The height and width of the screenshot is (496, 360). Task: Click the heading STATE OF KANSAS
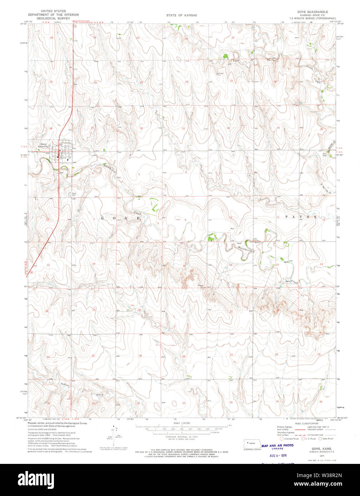tap(181, 15)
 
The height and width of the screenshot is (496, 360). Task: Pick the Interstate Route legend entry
tap(290, 439)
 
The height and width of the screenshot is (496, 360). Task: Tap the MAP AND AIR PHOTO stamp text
tap(277, 445)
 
